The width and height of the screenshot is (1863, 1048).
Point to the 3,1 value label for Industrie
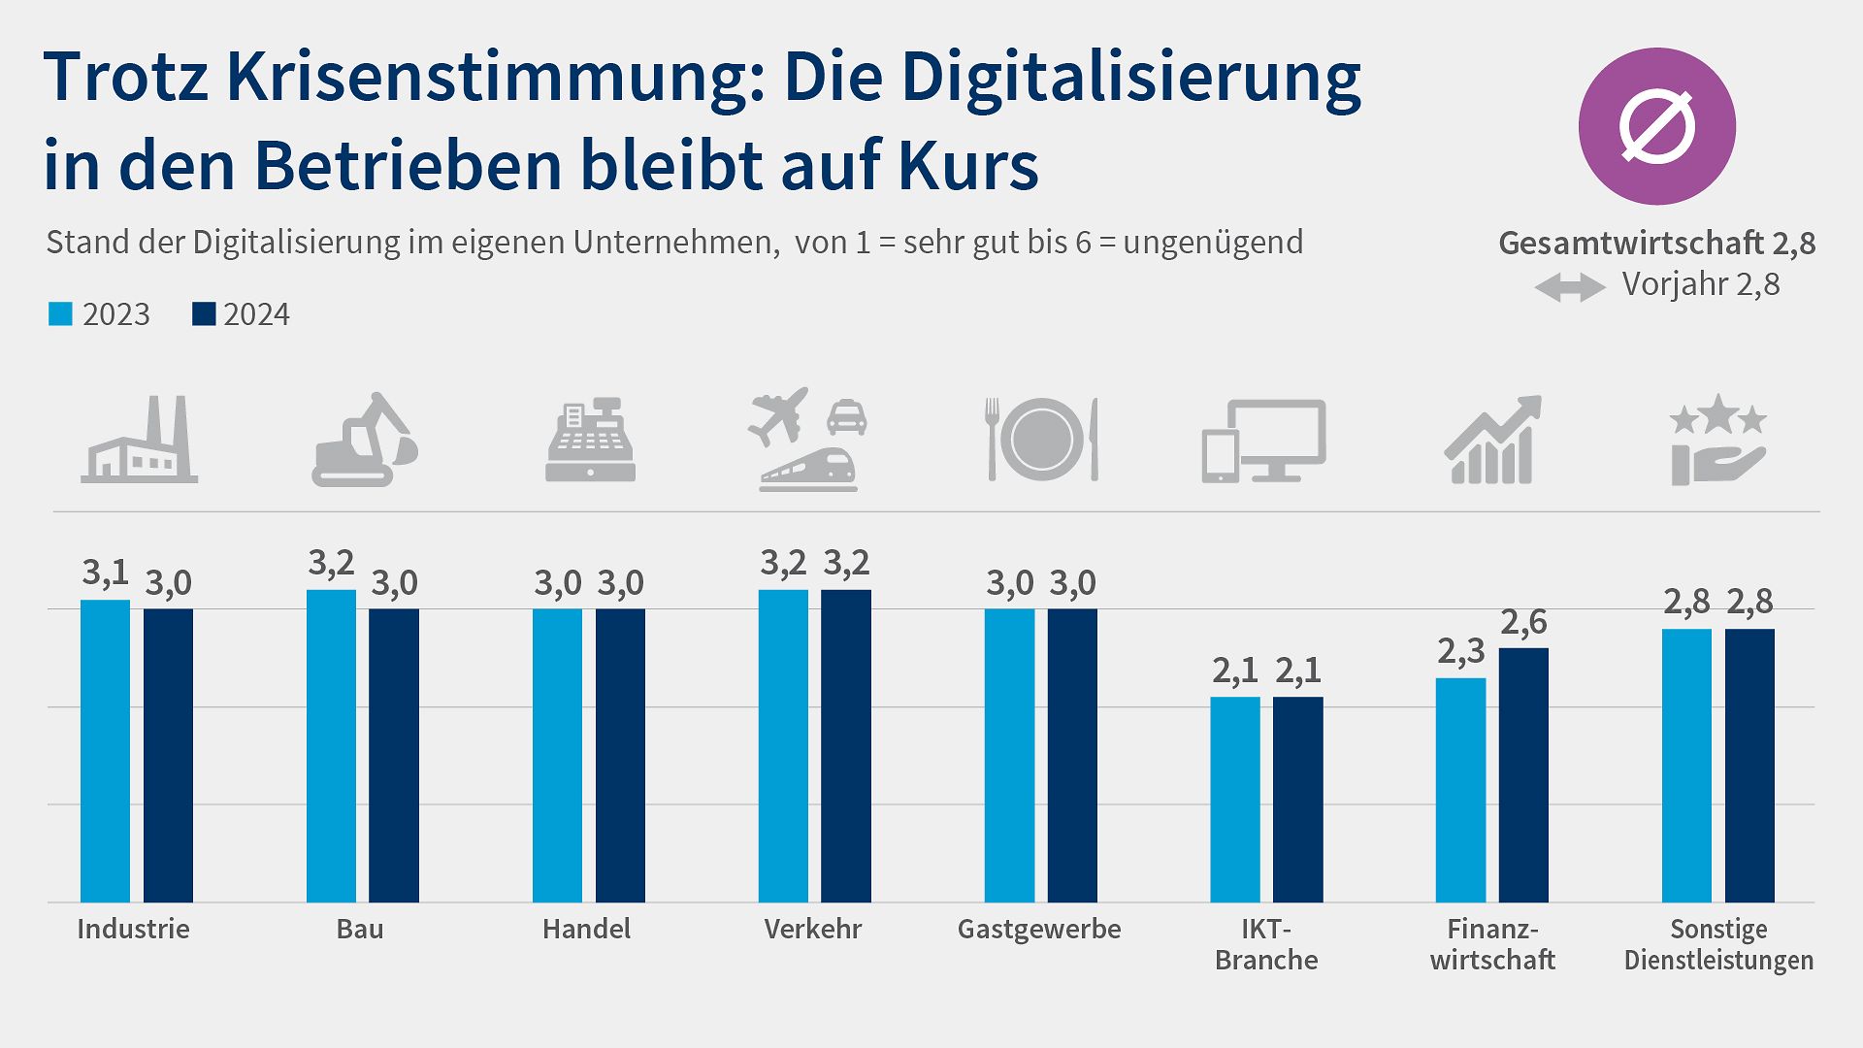coord(105,573)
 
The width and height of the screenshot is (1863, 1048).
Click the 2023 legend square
coord(60,314)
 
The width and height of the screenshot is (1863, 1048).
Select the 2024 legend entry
coord(242,314)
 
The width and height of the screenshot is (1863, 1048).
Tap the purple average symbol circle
coord(1656,126)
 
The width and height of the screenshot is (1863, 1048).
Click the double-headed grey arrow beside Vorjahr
coord(1569,287)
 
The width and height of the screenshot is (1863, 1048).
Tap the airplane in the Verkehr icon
coord(778,415)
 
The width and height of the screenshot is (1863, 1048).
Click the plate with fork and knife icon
coord(1041,440)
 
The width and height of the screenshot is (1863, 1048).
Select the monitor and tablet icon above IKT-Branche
coord(1264,442)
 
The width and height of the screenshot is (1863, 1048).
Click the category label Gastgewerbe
coord(1038,929)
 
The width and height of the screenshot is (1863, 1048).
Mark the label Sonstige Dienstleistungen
coord(1718,944)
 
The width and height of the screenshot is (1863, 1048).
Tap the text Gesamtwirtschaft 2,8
coord(1656,243)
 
